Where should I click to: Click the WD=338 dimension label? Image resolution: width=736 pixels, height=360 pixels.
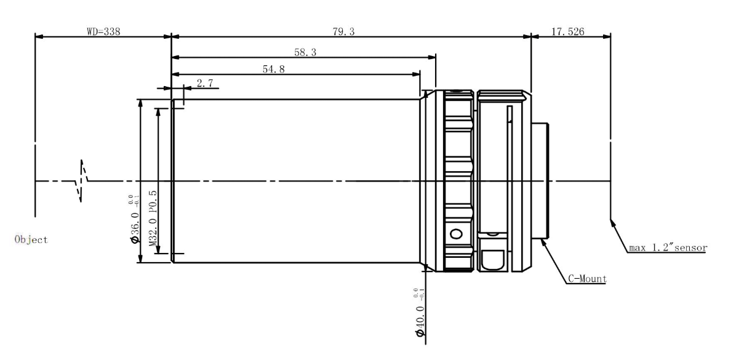103,31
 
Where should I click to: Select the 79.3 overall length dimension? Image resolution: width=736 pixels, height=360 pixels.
343,31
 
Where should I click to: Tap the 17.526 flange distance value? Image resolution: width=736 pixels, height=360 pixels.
567,31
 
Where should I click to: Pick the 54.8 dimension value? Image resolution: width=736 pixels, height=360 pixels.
273,69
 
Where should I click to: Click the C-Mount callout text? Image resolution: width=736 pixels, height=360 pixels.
586,279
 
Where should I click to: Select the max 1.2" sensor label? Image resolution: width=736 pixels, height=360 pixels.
667,248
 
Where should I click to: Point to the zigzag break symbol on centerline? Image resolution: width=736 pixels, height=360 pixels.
82,180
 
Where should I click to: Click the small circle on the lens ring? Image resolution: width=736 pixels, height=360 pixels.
456,234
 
